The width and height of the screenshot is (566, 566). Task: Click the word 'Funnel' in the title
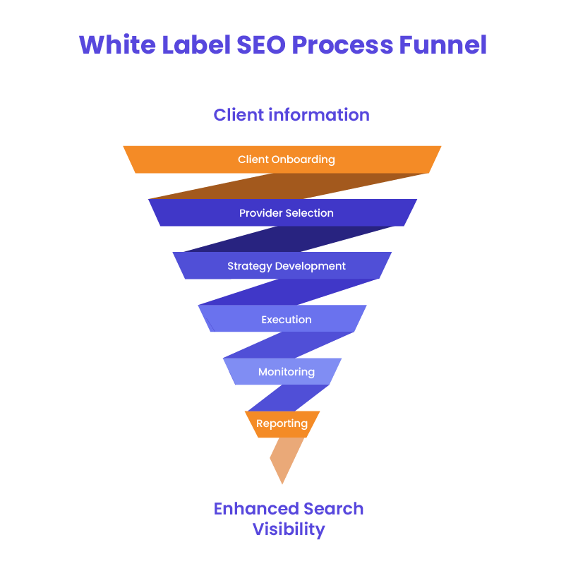click(x=442, y=45)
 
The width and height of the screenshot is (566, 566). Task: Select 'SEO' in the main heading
click(x=260, y=45)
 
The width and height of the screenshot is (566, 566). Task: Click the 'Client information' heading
click(x=291, y=114)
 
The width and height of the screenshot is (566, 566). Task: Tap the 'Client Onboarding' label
click(x=286, y=159)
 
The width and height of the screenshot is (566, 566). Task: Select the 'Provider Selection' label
click(x=286, y=213)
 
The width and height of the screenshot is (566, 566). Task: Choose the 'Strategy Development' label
click(x=286, y=266)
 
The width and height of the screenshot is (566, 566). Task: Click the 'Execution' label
click(x=286, y=320)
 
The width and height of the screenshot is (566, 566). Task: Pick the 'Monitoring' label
click(x=286, y=372)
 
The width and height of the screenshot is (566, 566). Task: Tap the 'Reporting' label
click(x=282, y=424)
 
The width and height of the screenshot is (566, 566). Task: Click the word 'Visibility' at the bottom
click(x=289, y=529)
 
